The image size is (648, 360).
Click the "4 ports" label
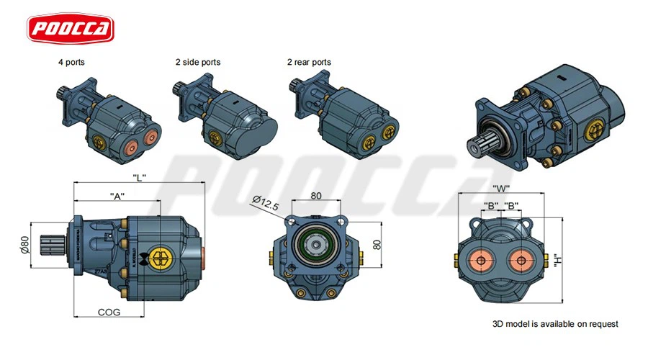point(72,63)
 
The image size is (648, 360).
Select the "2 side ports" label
point(197,63)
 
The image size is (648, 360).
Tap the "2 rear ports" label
point(309,63)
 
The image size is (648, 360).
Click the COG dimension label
point(109,312)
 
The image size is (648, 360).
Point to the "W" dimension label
point(501,189)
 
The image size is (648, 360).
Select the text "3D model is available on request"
point(555,324)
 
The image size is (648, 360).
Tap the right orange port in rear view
point(524,260)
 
